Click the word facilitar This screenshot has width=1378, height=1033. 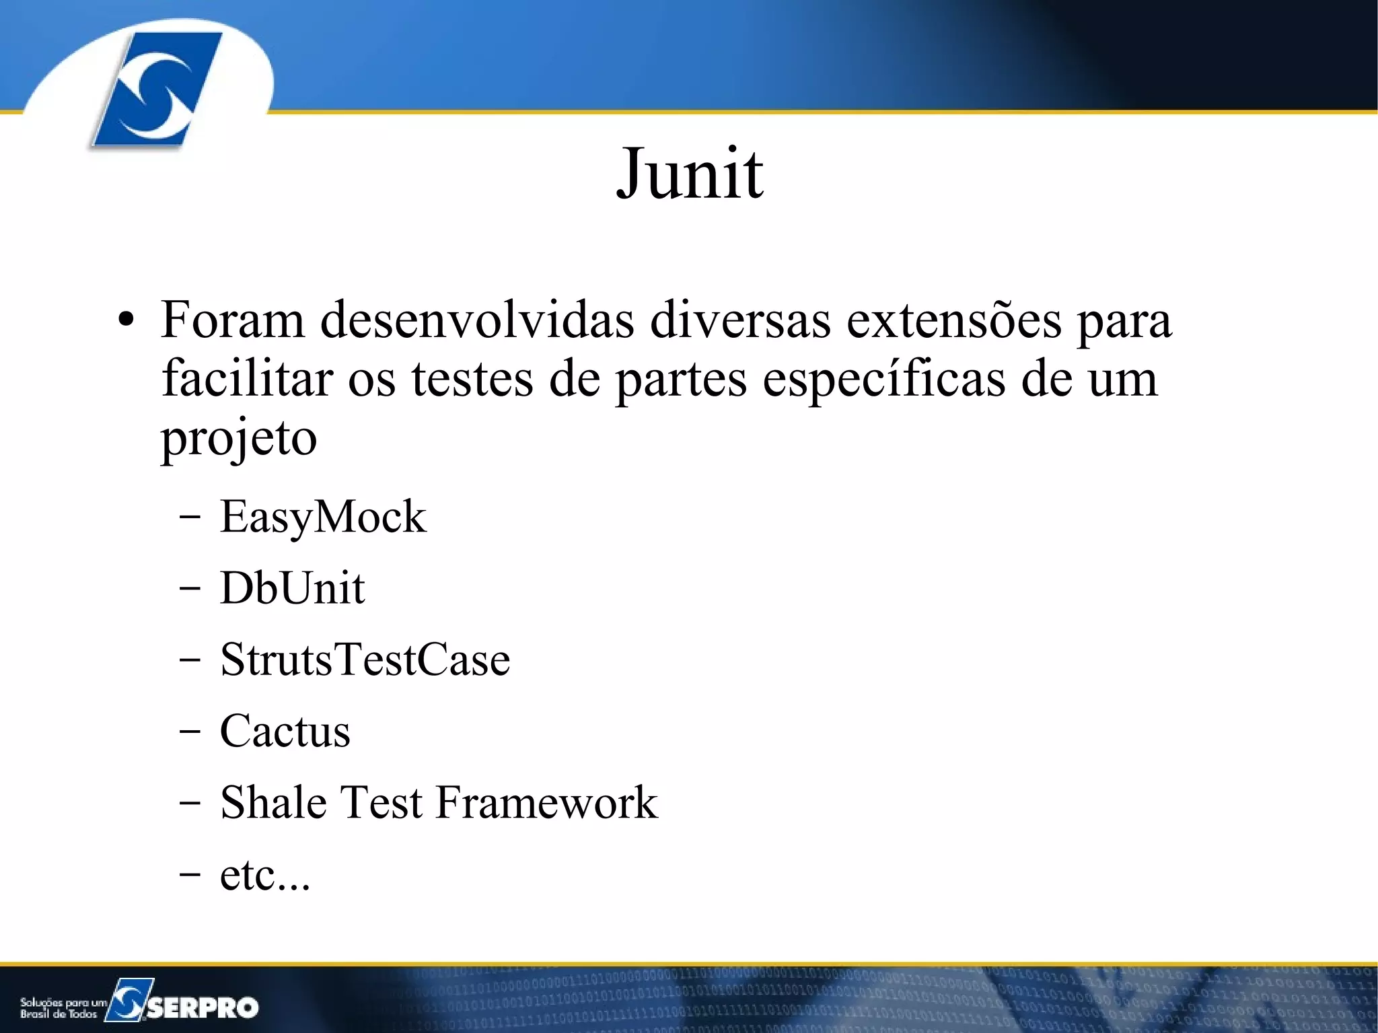point(247,378)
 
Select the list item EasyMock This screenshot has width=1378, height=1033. point(323,517)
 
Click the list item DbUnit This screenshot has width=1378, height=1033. point(292,588)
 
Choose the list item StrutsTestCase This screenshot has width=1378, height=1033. point(365,660)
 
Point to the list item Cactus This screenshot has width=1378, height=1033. point(285,731)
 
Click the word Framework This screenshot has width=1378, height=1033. point(546,802)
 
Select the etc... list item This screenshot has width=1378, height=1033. point(265,875)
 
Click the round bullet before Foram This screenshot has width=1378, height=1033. point(126,321)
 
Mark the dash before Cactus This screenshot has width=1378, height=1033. point(190,732)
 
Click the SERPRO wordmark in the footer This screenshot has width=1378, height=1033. point(202,1007)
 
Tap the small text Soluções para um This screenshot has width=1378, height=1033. point(63,1003)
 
